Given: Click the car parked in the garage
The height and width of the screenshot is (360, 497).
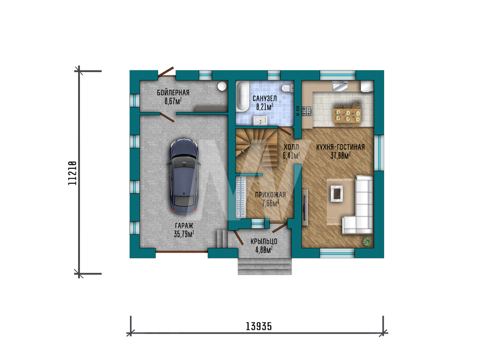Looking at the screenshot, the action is tap(184, 176).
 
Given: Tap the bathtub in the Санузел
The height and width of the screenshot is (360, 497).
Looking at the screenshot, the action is tap(243, 96).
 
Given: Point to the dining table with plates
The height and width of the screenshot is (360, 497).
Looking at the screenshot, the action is tap(348, 115).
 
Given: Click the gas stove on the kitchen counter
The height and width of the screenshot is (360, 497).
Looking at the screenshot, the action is tap(307, 111).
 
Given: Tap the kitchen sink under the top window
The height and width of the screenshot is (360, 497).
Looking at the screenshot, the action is tap(340, 86).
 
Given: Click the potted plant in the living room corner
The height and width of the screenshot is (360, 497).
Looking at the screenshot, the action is tap(367, 242).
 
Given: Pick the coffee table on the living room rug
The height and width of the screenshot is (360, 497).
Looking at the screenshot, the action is tap(336, 193).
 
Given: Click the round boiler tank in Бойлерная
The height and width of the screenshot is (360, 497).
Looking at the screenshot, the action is tap(222, 86).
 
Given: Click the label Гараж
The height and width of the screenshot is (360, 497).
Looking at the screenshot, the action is tap(184, 226).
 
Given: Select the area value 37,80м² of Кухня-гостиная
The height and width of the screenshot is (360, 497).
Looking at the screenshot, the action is tap(340, 156).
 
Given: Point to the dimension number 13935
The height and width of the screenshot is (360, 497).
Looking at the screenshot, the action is tap(258, 326).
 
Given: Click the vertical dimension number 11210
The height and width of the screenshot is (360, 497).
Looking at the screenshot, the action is tap(73, 173).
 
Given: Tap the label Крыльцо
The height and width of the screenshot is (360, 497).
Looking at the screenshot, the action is tap(264, 241).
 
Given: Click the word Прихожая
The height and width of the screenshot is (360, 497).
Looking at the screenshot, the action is tap(270, 195).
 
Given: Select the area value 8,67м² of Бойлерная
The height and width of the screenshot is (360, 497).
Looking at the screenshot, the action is tap(173, 101).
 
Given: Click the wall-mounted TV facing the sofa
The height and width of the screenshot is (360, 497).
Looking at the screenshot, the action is tap(305, 208).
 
